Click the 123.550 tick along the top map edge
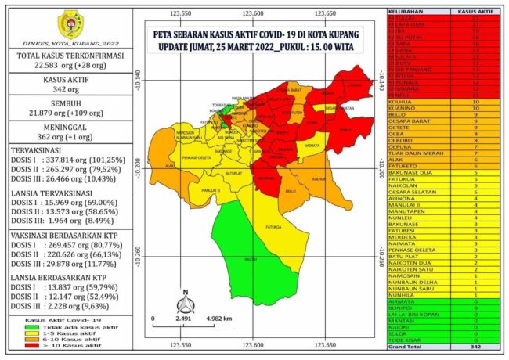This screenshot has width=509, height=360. [181, 13]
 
